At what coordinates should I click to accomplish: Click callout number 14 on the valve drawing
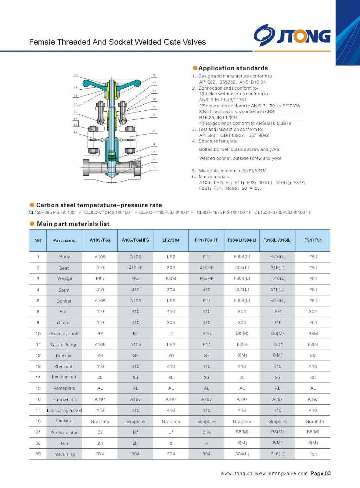click(x=75, y=75)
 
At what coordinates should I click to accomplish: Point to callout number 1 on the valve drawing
click(x=154, y=168)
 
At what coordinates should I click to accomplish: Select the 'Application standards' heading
click(x=233, y=68)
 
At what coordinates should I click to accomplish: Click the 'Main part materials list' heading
click(x=73, y=224)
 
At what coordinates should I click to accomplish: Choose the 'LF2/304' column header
click(x=171, y=240)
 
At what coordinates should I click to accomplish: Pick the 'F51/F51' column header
click(x=313, y=240)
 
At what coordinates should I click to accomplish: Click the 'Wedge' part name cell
click(x=64, y=278)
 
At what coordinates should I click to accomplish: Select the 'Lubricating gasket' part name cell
click(x=64, y=410)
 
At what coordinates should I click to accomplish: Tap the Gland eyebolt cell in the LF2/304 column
click(x=171, y=333)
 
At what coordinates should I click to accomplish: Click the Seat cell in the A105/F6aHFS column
click(x=135, y=268)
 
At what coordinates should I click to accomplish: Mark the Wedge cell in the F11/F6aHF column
click(x=207, y=278)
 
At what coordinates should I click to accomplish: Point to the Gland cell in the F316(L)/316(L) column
click(x=277, y=322)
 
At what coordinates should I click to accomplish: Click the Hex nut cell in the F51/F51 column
click(x=313, y=355)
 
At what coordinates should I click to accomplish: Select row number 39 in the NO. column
click(x=38, y=454)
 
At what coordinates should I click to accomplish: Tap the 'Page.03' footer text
click(x=320, y=473)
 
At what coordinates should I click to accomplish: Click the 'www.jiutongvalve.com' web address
click(x=281, y=473)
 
